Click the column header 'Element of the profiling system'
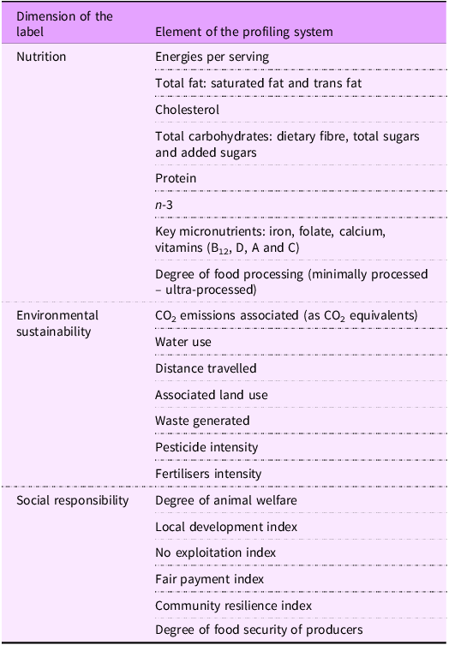point(243,33)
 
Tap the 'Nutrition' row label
point(42,57)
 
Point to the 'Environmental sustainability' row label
point(57,324)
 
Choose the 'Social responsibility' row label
point(73,500)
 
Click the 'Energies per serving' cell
point(212,57)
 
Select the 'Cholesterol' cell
point(188,110)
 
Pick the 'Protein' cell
point(176,178)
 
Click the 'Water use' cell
point(183,342)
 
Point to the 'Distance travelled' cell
point(206,368)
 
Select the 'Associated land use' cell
point(211,395)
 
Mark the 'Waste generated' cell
point(202,421)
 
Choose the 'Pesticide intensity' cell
point(207,447)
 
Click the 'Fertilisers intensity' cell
point(208,474)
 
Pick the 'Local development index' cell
point(225,527)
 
